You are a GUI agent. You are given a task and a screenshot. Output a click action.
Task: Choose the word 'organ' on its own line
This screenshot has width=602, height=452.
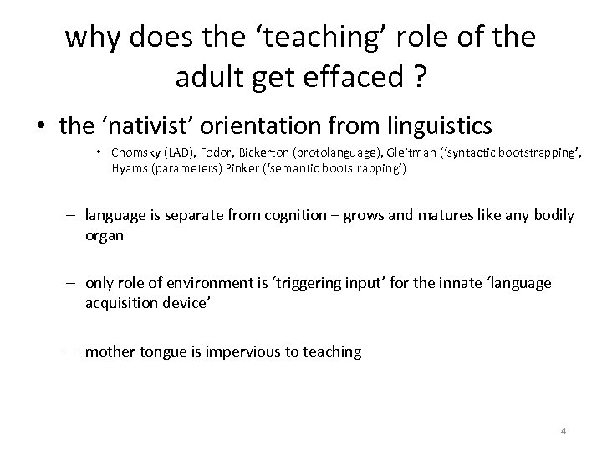(104, 235)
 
